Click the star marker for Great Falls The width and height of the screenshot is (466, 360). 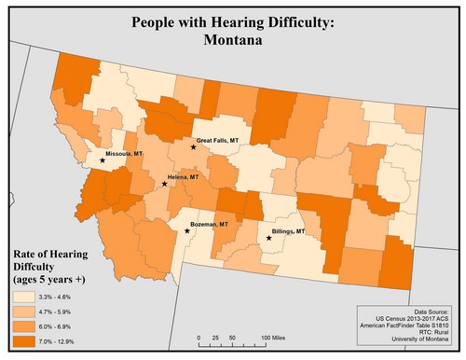point(193,147)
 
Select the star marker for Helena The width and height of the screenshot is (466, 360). point(164,184)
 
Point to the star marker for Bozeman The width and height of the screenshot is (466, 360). point(187,231)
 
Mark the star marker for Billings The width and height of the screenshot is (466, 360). point(268,239)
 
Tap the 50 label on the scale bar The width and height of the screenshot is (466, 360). point(232,336)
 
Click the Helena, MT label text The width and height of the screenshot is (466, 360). point(183,176)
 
